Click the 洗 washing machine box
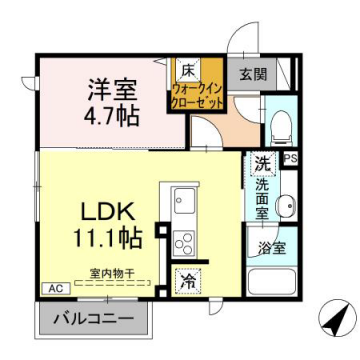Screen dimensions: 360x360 [x=260, y=162]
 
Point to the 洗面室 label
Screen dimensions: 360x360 [x=260, y=196]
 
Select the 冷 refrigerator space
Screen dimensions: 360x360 [x=187, y=283]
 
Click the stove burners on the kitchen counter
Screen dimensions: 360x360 [x=184, y=240]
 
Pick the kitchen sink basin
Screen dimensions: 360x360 [x=184, y=198]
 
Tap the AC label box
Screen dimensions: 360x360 [x=52, y=288]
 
